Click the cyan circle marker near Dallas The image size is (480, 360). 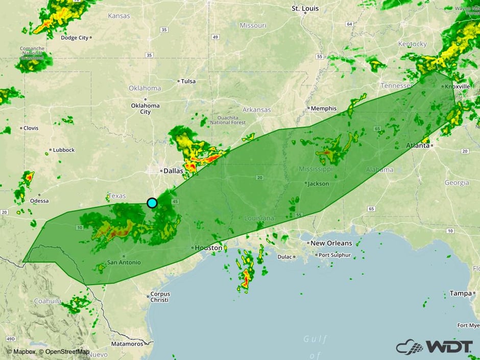152,203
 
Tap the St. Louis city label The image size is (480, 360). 305,8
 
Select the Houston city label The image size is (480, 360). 209,248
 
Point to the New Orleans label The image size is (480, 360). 331,243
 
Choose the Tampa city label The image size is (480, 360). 460,293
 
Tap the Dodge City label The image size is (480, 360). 75,38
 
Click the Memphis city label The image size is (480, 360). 324,108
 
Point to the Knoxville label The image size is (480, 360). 457,86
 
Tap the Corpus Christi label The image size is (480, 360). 159,297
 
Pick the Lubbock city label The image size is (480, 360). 63,150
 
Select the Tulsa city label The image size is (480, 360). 188,81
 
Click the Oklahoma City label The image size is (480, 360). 145,108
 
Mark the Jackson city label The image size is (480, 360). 319,183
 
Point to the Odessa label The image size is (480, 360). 39,201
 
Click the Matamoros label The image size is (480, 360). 127,344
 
